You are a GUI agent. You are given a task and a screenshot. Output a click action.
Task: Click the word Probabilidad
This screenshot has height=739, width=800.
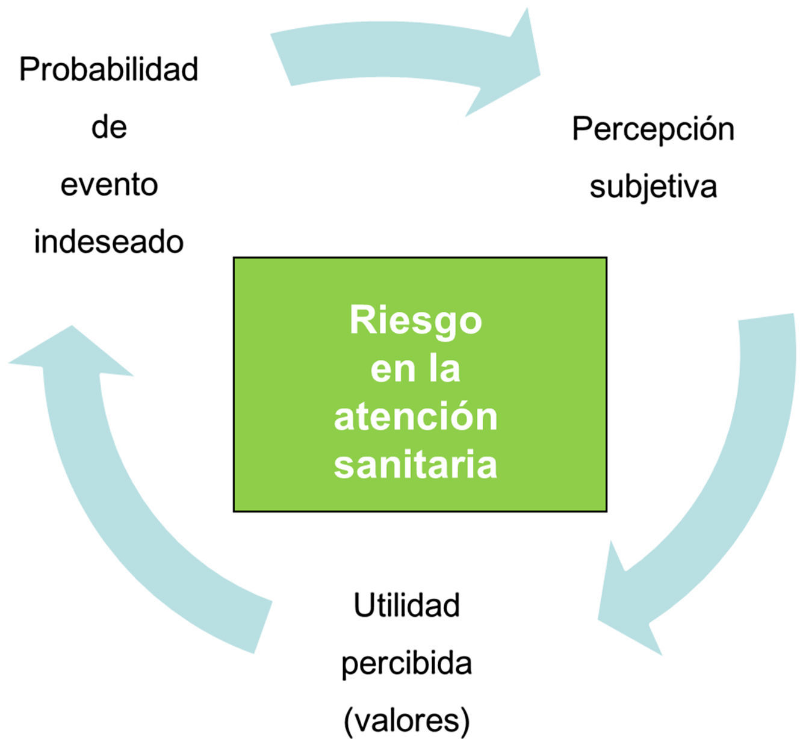point(108,70)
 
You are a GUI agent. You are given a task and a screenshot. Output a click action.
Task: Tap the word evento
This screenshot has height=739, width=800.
point(109,185)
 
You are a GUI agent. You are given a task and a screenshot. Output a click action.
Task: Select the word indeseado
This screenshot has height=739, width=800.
point(109,242)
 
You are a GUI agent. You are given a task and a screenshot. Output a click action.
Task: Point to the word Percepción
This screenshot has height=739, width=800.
point(653,130)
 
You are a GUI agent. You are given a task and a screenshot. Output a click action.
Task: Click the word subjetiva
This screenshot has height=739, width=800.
point(653,187)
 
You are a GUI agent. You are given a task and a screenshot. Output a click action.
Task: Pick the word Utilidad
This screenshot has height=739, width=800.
point(406,605)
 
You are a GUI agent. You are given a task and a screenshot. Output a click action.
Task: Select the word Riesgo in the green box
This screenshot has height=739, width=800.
point(415,320)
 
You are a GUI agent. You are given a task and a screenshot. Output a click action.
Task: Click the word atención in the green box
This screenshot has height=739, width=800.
point(415,416)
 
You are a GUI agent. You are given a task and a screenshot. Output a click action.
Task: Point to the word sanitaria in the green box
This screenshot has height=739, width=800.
point(415,465)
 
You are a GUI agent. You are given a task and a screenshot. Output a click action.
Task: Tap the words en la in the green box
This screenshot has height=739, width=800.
point(415,368)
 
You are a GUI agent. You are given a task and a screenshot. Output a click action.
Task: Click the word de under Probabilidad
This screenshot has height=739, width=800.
point(109,128)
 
